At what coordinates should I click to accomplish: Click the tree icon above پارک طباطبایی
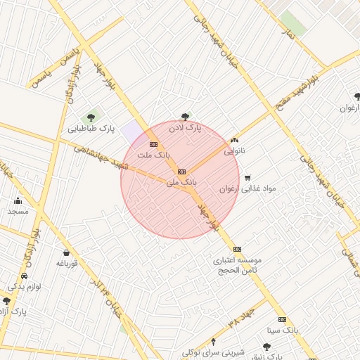pyautogui.click(x=90, y=117)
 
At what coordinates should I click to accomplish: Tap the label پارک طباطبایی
pyautogui.click(x=91, y=129)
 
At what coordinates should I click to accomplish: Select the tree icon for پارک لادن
pyautogui.click(x=185, y=117)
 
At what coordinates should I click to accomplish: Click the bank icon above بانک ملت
pyautogui.click(x=154, y=144)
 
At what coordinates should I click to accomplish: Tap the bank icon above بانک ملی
pyautogui.click(x=181, y=171)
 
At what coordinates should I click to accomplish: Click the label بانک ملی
pyautogui.click(x=181, y=182)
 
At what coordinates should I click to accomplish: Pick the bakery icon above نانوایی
pyautogui.click(x=235, y=140)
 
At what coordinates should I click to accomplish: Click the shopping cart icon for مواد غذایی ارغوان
pyautogui.click(x=247, y=178)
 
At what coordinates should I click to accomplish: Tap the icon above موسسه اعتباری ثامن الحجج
pyautogui.click(x=237, y=249)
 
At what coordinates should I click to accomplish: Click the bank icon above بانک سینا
pyautogui.click(x=283, y=319)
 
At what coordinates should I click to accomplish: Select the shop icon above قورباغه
pyautogui.click(x=66, y=253)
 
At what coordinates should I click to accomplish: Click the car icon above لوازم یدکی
pyautogui.click(x=25, y=276)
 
